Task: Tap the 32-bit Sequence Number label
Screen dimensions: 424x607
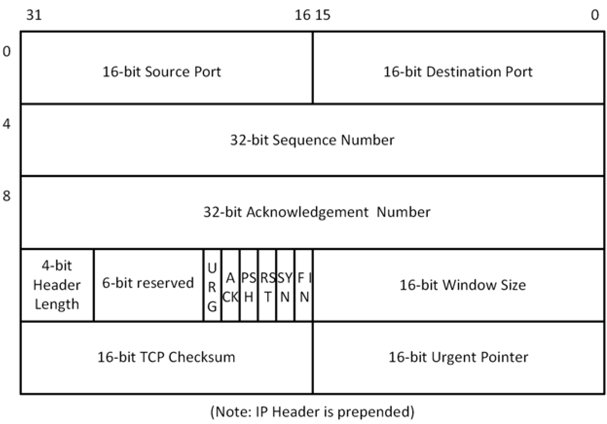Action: [312, 140]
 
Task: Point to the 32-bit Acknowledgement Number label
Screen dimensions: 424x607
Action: [317, 212]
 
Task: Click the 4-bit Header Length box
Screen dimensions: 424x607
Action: [57, 285]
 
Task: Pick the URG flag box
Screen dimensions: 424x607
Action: [212, 285]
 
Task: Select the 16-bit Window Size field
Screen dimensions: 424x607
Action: [462, 284]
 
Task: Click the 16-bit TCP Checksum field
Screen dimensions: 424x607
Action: [166, 357]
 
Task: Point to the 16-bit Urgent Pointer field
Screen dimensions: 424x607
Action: [458, 357]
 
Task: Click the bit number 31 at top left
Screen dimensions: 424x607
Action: [34, 16]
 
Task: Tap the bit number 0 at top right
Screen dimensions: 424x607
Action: [594, 16]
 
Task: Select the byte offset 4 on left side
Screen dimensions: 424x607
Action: [6, 124]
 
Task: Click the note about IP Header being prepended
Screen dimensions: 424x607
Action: [312, 412]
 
